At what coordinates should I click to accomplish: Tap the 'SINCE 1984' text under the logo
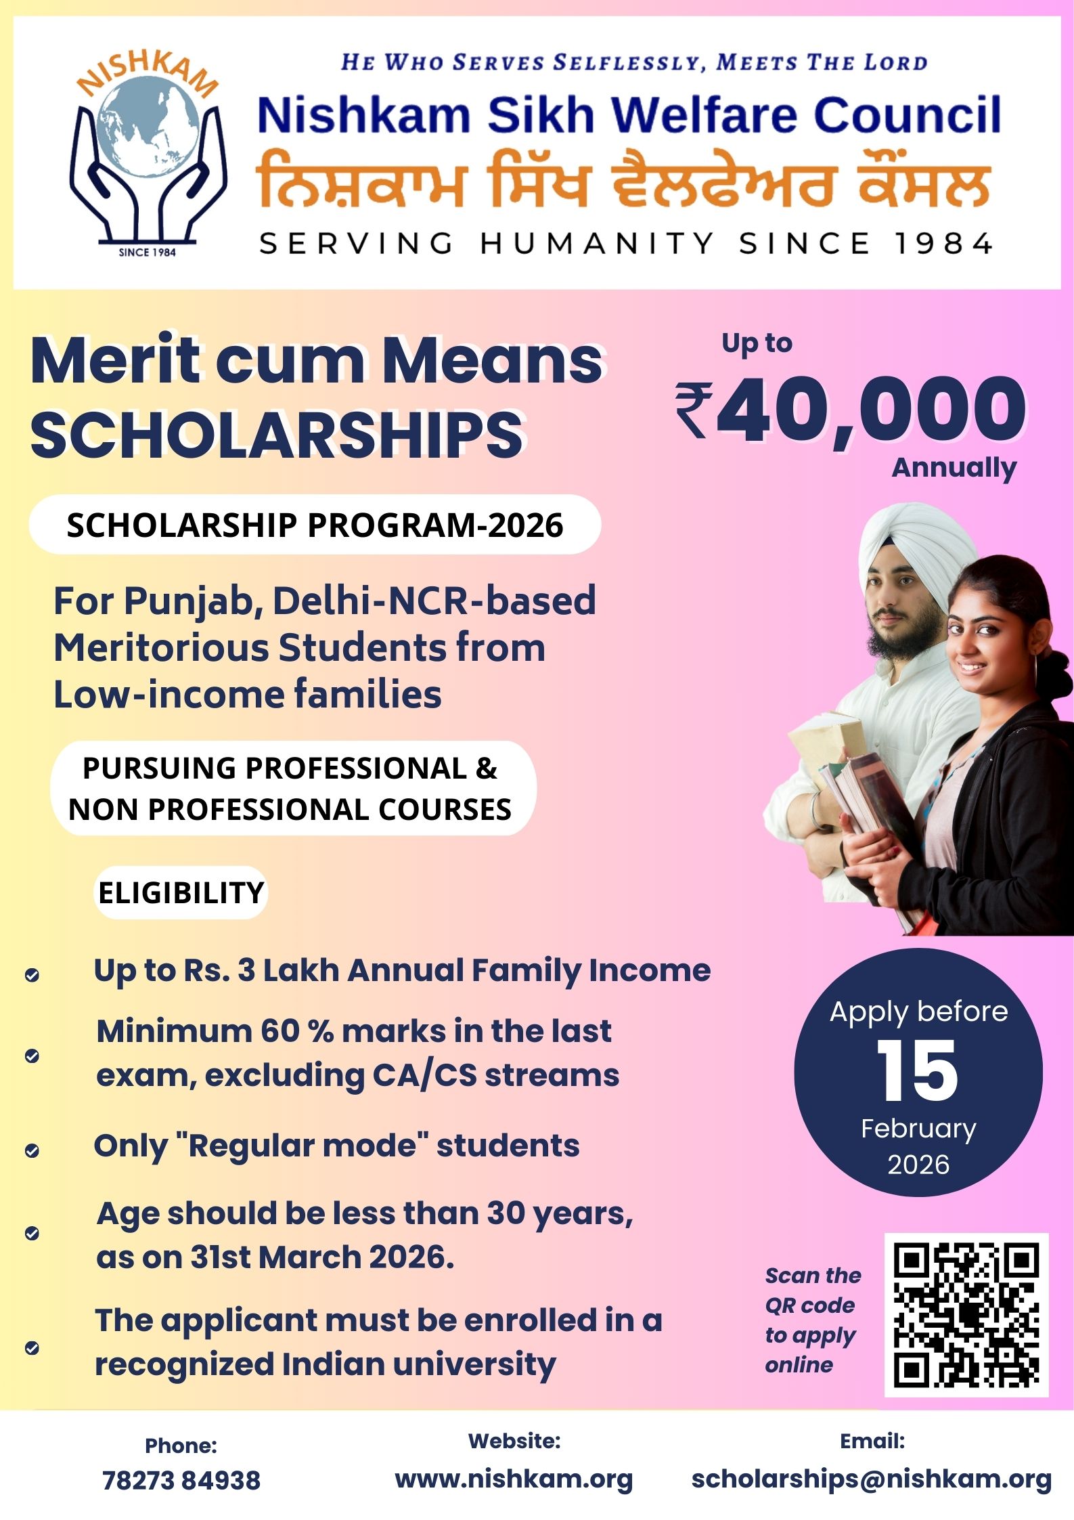147,252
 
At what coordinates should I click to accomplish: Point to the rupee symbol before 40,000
693,410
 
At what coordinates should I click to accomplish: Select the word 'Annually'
953,468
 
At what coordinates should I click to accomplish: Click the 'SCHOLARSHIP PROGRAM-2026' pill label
315,525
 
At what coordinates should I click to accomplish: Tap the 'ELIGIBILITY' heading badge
181,892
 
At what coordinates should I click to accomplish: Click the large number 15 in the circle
917,1071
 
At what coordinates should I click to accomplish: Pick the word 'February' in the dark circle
918,1128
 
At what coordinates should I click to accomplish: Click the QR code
966,1314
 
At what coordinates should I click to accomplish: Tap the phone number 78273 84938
181,1480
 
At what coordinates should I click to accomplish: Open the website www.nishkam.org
514,1479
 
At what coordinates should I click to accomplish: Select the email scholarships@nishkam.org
871,1479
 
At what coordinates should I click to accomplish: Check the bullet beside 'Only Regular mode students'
32,1150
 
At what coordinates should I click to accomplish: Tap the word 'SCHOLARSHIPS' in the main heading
277,435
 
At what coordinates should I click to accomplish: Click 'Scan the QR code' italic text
811,1290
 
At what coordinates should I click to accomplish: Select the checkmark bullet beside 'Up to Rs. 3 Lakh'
32,975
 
